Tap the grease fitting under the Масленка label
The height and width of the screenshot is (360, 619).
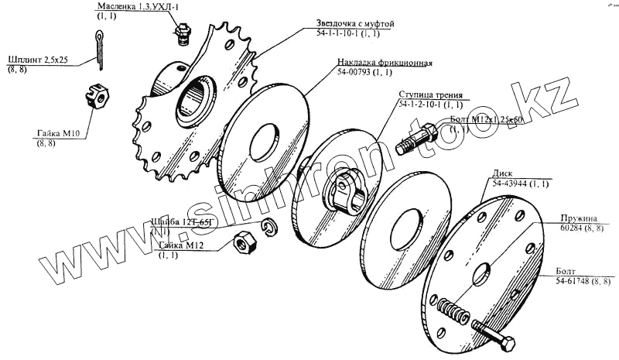coord(181,36)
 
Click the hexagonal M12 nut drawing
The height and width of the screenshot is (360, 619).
coord(243,243)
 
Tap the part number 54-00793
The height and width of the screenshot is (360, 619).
coord(354,73)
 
